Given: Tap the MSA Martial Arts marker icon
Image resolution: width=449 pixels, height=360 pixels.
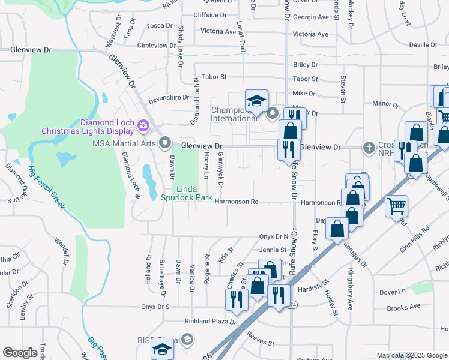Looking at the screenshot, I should click(x=165, y=142).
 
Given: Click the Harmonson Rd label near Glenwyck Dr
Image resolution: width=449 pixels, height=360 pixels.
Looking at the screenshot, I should click(x=237, y=202).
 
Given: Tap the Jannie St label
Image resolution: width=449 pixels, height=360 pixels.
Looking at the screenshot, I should click(x=273, y=250).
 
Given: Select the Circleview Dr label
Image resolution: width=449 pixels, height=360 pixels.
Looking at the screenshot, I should click(x=159, y=45).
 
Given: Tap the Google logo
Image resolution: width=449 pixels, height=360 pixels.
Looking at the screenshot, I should click(x=20, y=353).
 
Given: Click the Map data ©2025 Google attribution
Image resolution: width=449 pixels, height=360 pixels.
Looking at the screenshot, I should click(x=411, y=355).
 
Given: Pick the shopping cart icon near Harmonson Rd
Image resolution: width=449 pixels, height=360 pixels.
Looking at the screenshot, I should click(x=397, y=206).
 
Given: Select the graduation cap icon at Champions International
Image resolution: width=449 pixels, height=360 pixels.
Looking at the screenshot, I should click(x=256, y=100).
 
